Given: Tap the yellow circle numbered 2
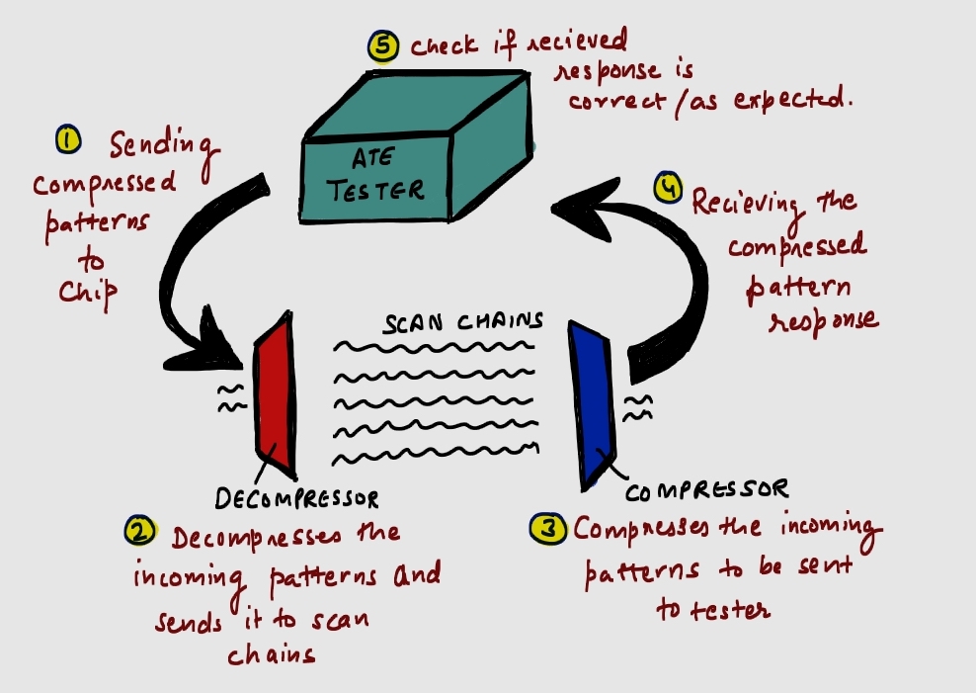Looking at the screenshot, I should point(139,532).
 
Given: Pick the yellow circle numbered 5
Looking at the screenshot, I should point(381,46).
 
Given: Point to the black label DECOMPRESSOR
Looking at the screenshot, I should point(296,497).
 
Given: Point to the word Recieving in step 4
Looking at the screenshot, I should point(749,203).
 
